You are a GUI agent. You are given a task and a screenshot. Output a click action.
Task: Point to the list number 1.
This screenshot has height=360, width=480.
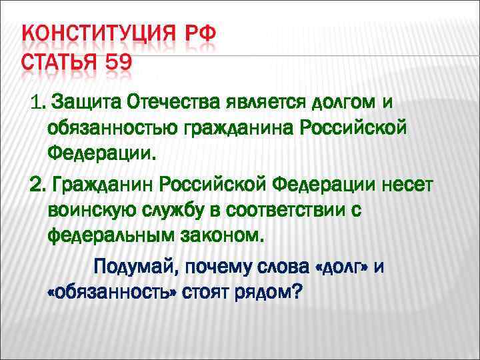pos(37,102)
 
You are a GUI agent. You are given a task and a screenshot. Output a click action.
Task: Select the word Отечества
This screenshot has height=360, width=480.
pos(174,102)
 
